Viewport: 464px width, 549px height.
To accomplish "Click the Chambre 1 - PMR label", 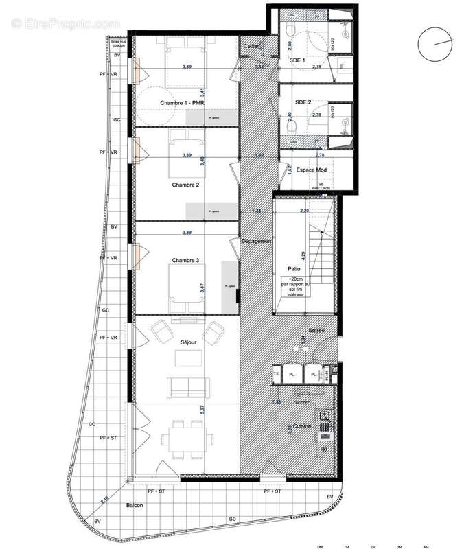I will tap(184, 103).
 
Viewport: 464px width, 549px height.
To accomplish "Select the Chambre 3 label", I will tap(186, 260).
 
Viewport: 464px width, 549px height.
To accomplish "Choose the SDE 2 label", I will tap(303, 102).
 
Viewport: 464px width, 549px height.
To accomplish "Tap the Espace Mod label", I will tap(312, 170).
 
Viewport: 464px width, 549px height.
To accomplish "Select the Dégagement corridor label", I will tap(257, 241).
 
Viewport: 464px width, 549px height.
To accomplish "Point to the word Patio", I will tap(294, 270).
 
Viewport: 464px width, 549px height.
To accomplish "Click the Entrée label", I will tap(316, 331).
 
